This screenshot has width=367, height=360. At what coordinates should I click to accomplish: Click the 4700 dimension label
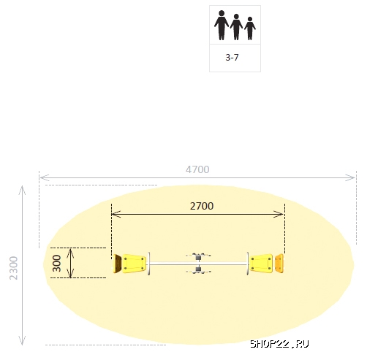pos(197,169)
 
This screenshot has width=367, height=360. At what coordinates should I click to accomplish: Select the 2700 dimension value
pos(202,206)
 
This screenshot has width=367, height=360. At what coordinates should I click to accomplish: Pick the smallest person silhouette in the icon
pos(250,28)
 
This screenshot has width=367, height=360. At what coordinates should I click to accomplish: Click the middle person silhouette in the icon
pos(236,26)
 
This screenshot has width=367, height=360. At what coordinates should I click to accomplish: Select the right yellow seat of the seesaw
pos(261,263)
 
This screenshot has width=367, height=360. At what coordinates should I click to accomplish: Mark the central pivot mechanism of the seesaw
pos(198,263)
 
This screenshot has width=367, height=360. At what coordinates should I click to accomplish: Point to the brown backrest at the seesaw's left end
pos(116,263)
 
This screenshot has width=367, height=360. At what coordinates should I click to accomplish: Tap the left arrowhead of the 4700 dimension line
pos(42,177)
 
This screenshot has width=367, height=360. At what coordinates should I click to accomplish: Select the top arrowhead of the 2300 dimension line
pos(23,188)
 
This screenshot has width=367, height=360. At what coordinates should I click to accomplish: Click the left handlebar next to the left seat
pos(150,263)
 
